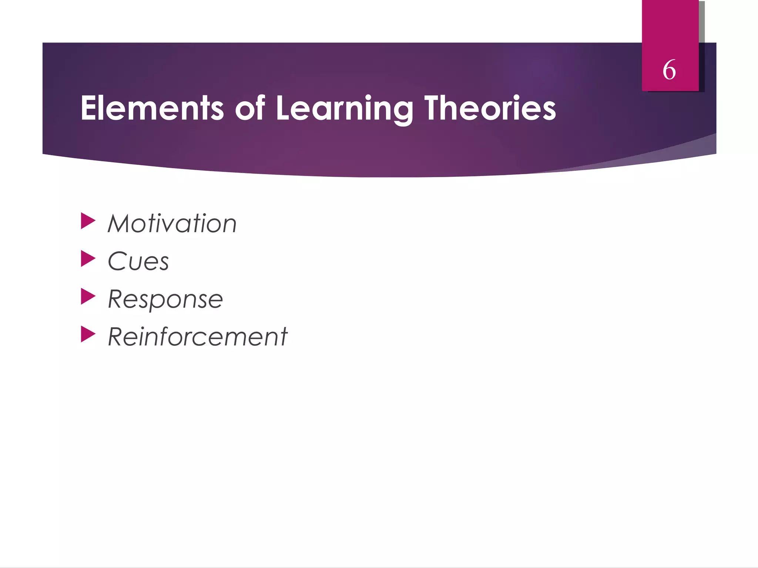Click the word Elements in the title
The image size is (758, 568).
[x=152, y=108]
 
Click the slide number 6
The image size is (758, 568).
[x=669, y=70]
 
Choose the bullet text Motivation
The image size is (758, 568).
[x=172, y=224]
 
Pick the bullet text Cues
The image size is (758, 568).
[x=138, y=261]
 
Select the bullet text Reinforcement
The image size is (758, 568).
[x=198, y=337]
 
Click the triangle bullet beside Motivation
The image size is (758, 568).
[x=88, y=221]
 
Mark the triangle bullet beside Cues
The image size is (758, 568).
[x=88, y=258]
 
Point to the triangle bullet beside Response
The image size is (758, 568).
[x=88, y=296]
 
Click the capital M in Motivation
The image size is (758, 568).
[x=120, y=224]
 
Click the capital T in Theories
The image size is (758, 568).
[x=433, y=108]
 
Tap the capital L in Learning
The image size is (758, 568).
[x=284, y=108]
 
